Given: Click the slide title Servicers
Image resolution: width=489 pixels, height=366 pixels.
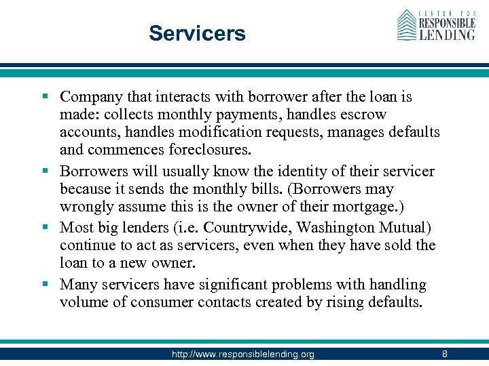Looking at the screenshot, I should point(197,33).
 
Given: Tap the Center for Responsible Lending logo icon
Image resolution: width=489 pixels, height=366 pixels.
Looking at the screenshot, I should point(406,25).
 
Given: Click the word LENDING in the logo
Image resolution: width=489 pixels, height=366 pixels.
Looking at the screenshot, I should point(447,32).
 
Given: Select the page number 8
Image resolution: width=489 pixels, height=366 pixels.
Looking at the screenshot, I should point(444,354).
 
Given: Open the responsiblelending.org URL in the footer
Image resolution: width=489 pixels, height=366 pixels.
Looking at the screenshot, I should point(242,354).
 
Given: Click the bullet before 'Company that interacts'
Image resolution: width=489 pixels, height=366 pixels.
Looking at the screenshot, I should point(50,97).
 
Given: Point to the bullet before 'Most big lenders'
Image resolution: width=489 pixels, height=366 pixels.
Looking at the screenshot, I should point(50,227).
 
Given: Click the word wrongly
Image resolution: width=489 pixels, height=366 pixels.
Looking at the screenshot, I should point(84,207).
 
